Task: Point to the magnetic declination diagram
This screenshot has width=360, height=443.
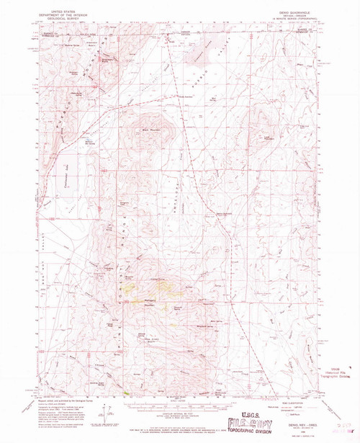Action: tap(109, 418)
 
